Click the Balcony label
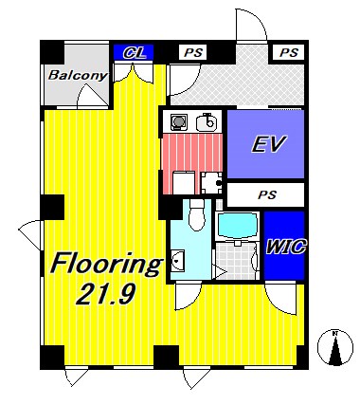[78, 75]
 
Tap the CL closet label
[135, 53]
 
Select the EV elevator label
[269, 144]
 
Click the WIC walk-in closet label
[286, 247]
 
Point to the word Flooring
[106, 266]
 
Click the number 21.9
[106, 294]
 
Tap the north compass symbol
[335, 348]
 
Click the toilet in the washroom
[197, 214]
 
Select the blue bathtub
[237, 226]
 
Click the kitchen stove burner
[179, 121]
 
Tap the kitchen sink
[207, 122]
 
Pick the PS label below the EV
[267, 194]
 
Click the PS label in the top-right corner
[289, 52]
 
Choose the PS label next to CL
[193, 52]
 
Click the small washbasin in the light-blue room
[178, 260]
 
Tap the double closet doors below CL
[134, 73]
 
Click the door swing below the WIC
[280, 299]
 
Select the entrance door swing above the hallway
[251, 25]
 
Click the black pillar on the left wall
[52, 207]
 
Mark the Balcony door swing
[93, 95]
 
